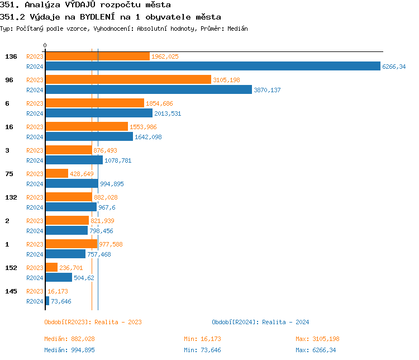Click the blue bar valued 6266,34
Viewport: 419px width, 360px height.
pyautogui.click(x=212, y=67)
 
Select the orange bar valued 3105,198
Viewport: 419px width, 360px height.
pyautogui.click(x=128, y=80)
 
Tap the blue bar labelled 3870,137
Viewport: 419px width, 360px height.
pyautogui.click(x=149, y=90)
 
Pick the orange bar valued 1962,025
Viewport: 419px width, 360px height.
pyautogui.click(x=97, y=56)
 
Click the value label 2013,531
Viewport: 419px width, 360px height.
pyautogui.click(x=168, y=113)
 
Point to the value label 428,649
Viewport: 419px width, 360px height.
pyautogui.click(x=82, y=174)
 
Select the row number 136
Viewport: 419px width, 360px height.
pyautogui.click(x=11, y=56)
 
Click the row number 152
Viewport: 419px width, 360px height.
pyautogui.click(x=11, y=268)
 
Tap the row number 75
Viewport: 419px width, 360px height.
pyautogui.click(x=9, y=174)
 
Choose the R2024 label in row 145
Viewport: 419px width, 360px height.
pyautogui.click(x=35, y=301)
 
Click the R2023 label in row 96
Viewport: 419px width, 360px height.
pyautogui.click(x=35, y=80)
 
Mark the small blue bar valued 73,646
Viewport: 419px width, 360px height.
pyautogui.click(x=47, y=301)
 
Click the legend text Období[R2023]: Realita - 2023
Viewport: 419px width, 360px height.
pyautogui.click(x=93, y=322)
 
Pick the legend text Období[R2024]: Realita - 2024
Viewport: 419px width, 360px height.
pyautogui.click(x=260, y=322)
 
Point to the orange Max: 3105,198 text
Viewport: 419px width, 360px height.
pyautogui.click(x=317, y=339)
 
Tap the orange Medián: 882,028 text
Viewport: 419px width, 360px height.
pyautogui.click(x=73, y=339)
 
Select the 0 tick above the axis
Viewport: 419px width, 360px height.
pyautogui.click(x=45, y=45)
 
